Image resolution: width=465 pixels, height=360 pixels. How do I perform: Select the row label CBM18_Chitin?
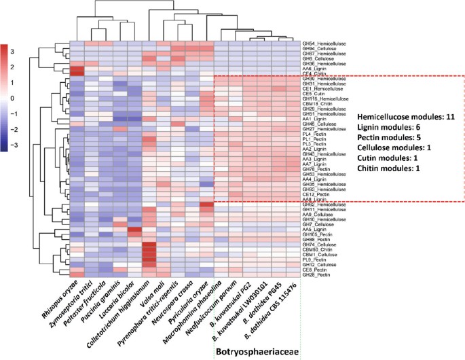click(x=317, y=103)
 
